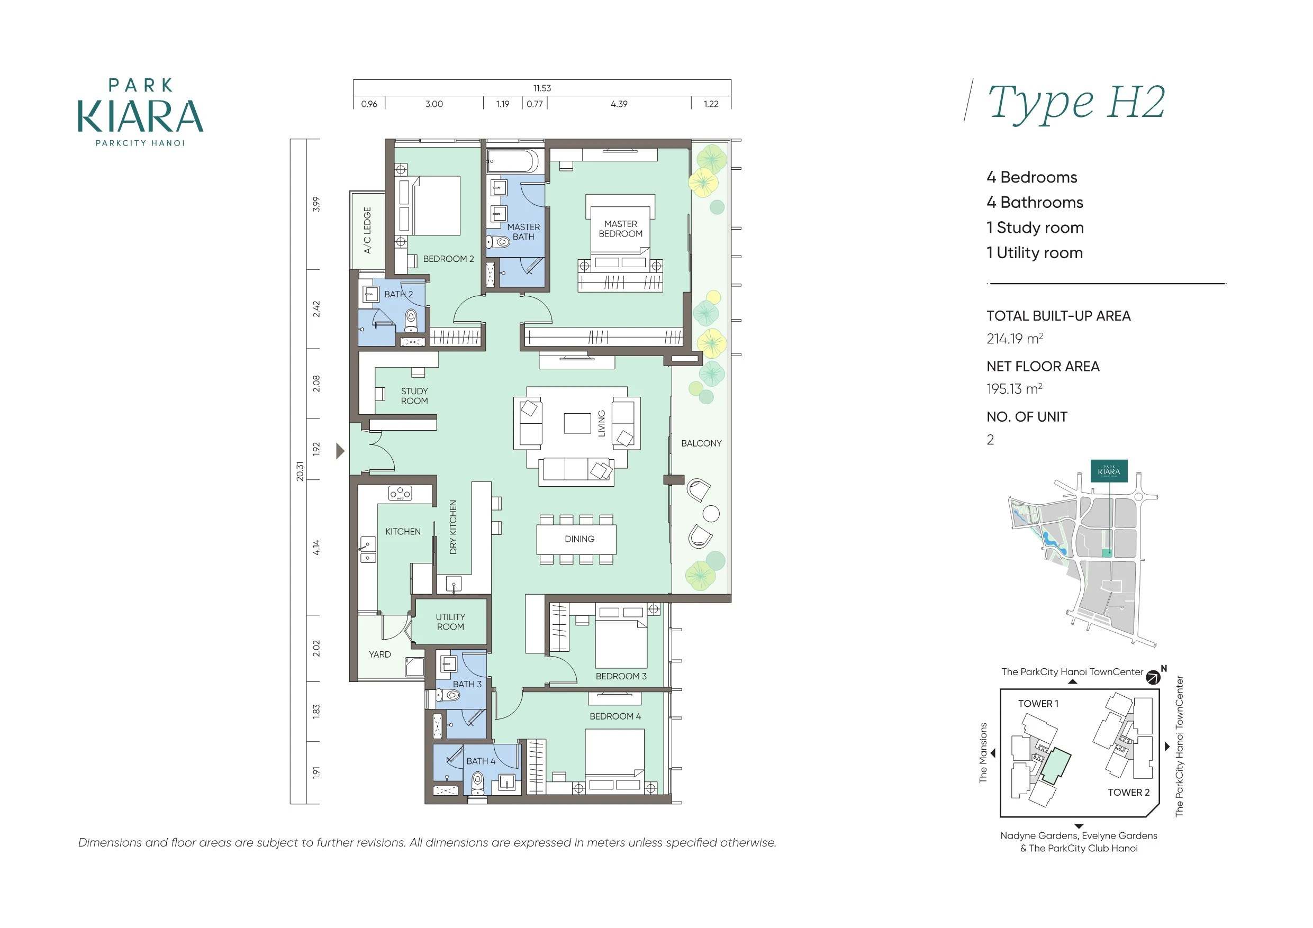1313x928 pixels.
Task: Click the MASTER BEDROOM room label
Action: tap(620, 229)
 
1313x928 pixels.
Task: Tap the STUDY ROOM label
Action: tap(414, 396)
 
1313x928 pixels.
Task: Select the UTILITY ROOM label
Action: tap(450, 622)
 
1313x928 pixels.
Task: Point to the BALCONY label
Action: tap(701, 443)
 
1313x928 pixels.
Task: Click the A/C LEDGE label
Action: tap(367, 230)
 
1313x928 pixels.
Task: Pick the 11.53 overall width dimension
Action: tap(542, 88)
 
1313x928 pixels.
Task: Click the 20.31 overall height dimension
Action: tap(300, 471)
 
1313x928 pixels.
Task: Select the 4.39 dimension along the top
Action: tap(619, 104)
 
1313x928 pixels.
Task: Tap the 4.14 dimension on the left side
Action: tap(316, 547)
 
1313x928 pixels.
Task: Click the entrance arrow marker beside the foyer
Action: tap(340, 451)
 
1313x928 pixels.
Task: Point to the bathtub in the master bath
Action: tap(512, 161)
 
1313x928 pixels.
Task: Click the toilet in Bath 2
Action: tap(411, 321)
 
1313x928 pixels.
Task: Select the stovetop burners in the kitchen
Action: tap(400, 492)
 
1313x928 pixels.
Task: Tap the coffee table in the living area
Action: tap(577, 423)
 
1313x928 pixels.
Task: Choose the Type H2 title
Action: tap(1076, 103)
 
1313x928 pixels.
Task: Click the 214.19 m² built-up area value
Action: tap(1015, 339)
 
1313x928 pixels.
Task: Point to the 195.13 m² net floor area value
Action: tap(1014, 389)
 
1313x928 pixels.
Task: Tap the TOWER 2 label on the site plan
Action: tap(1128, 792)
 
